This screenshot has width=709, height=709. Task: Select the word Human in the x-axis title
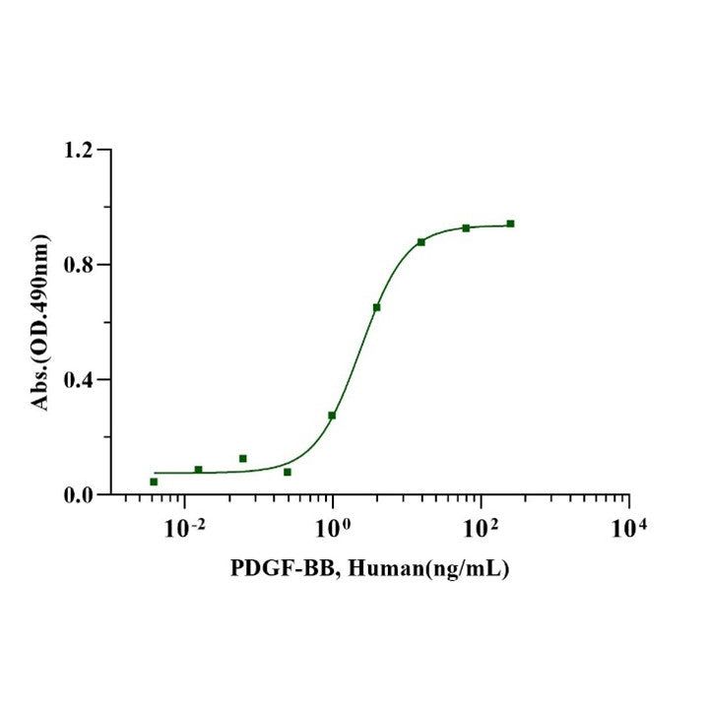[x=384, y=569]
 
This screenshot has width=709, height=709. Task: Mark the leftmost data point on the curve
[x=154, y=482]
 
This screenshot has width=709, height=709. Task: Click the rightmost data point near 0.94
[x=510, y=224]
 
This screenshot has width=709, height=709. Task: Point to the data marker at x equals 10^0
[x=332, y=416]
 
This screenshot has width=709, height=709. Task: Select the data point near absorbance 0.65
[x=376, y=307]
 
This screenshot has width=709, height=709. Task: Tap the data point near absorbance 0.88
[x=420, y=241]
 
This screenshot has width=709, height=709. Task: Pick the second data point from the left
[x=198, y=470]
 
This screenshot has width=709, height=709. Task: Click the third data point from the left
[x=242, y=458]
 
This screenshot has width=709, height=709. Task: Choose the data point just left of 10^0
[x=288, y=472]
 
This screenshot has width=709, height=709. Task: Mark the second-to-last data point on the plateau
[x=466, y=227]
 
